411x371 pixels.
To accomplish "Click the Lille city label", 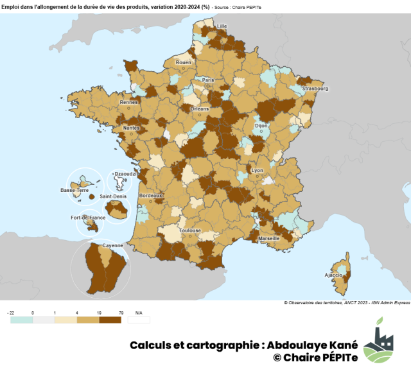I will tap(222, 26).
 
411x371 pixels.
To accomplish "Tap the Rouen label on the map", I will tap(184, 62).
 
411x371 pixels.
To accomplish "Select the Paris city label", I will tap(208, 80).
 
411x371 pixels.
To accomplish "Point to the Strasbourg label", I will tap(315, 89).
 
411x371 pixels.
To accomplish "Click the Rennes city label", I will tap(129, 102).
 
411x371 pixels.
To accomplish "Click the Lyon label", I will tap(257, 170).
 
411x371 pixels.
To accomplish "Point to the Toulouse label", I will tap(190, 230).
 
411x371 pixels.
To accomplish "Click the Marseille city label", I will tap(268, 238).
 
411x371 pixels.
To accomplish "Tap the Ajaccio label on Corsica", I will tap(333, 275).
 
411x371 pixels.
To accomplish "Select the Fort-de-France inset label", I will tap(88, 218).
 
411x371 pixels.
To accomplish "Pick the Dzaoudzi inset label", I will tap(123, 173).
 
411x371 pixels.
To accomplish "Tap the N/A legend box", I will tap(139, 319).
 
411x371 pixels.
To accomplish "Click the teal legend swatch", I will tap(21, 319).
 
